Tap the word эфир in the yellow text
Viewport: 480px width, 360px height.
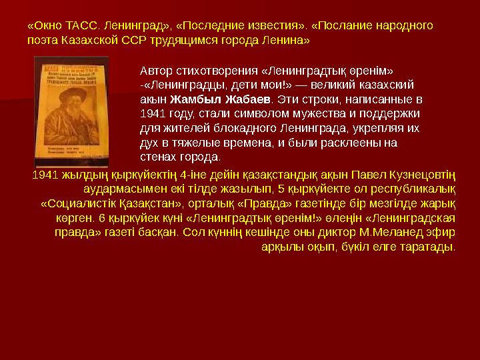point(443,233)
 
